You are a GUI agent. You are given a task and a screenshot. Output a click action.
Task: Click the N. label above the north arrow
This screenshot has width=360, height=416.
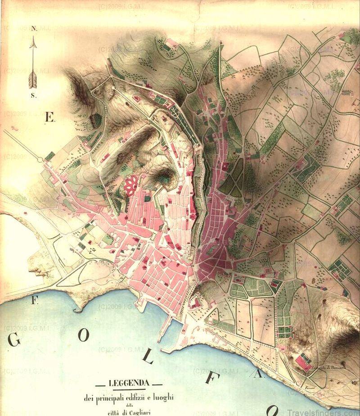[x=33, y=28]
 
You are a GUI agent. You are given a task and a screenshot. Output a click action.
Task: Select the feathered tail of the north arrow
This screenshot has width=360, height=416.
[x=33, y=79]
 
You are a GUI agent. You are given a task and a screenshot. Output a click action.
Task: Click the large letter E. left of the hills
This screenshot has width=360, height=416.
[x=49, y=118]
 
